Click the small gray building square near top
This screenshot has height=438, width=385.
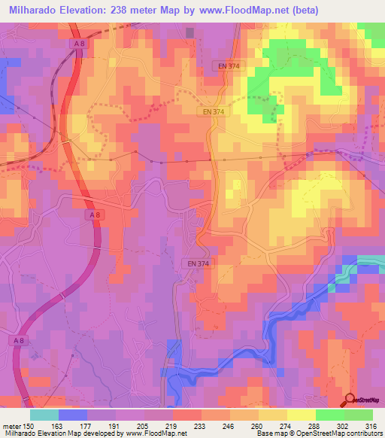coord(189,32)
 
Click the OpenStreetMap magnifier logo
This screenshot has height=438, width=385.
coord(350,399)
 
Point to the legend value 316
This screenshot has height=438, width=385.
coord(371,425)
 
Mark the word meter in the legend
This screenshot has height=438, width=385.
coord(11,425)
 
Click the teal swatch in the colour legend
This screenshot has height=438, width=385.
coord(44,415)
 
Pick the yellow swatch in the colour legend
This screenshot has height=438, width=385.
coord(301,415)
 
